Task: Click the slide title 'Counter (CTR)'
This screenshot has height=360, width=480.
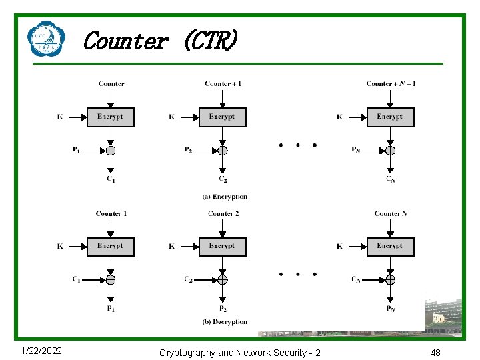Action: [x=159, y=41]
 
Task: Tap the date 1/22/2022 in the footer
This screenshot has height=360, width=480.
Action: [x=41, y=351]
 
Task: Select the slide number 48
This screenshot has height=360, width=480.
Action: [x=435, y=352]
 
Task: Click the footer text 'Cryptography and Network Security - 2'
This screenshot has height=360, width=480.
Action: [x=239, y=352]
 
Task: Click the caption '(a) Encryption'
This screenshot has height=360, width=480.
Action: [x=225, y=197]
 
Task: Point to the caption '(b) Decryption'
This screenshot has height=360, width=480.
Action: [x=225, y=322]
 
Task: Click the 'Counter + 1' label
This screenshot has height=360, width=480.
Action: [x=223, y=84]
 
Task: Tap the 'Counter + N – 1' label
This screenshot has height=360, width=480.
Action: [x=391, y=84]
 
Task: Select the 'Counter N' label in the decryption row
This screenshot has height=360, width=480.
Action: [x=391, y=213]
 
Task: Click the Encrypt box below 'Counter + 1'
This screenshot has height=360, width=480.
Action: [x=222, y=117]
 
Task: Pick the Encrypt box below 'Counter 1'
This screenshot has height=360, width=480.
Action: [x=111, y=247]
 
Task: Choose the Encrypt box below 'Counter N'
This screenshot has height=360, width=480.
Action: [x=390, y=247]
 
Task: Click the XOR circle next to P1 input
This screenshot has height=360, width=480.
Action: [x=111, y=150]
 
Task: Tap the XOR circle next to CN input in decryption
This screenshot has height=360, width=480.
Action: [x=390, y=279]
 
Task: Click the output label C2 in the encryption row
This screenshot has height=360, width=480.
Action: [x=223, y=179]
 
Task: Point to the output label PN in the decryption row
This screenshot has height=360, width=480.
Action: [x=390, y=309]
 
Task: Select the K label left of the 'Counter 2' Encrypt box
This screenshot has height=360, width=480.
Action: [x=172, y=247]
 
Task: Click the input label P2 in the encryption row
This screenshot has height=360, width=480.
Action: [x=189, y=150]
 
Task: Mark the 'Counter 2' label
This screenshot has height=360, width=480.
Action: [x=223, y=213]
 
